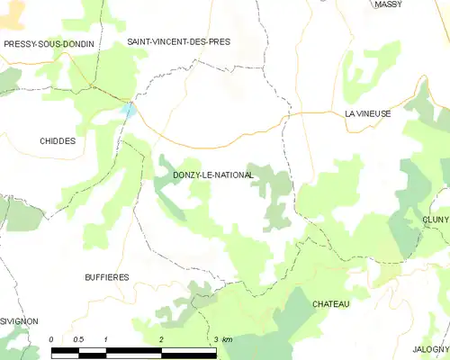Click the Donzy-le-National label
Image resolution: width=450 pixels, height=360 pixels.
(211, 175)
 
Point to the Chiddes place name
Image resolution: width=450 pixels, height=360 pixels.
(58, 141)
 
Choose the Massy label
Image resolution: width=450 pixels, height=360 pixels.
(388, 5)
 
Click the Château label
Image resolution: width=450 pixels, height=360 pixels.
(330, 304)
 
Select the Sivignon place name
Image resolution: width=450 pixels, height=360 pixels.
(18, 320)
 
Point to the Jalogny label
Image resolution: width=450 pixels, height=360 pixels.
(431, 348)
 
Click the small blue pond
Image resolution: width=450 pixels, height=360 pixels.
(129, 111)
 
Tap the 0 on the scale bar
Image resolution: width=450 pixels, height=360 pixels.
(52, 338)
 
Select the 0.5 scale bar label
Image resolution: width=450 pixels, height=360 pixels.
(78, 338)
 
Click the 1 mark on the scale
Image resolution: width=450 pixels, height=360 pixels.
(106, 338)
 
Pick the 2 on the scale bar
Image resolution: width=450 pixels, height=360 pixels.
(161, 338)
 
